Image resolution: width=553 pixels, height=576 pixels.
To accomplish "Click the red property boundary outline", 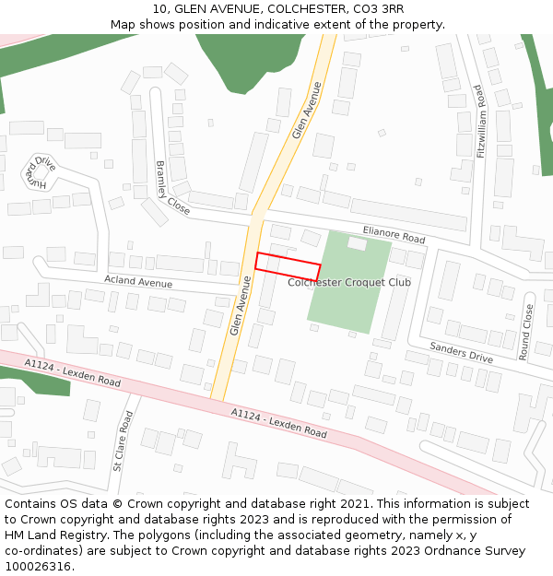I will pos(288,265).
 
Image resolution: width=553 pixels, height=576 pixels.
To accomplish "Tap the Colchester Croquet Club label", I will pos(349,282).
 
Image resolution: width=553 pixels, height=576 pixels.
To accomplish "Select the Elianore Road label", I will pos(394,234).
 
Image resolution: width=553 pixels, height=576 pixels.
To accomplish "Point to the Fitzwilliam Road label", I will pos(480,122).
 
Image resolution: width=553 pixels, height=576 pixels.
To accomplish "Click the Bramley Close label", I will pos(172,188).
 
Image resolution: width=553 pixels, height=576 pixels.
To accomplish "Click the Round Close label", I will pos(527,332).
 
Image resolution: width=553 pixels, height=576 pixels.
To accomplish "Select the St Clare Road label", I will pos(123,441).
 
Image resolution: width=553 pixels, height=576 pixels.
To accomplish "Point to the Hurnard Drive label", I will pos(41,171).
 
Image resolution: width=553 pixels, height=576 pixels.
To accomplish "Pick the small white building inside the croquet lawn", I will pos(357,244).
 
